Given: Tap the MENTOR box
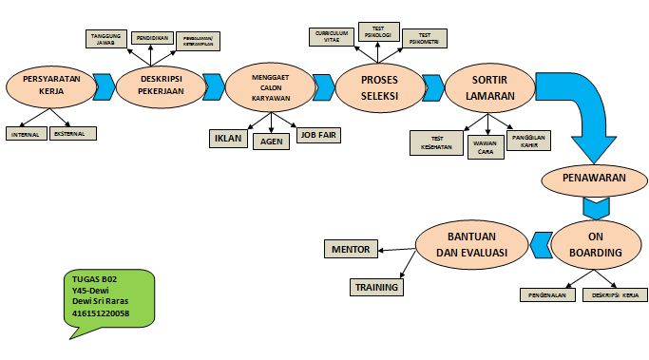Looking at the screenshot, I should point(351,250).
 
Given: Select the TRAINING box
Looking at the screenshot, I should point(376,286).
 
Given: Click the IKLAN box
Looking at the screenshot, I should point(227,138).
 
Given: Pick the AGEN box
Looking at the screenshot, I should point(271,142).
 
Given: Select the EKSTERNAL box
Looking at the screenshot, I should point(74,135).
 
